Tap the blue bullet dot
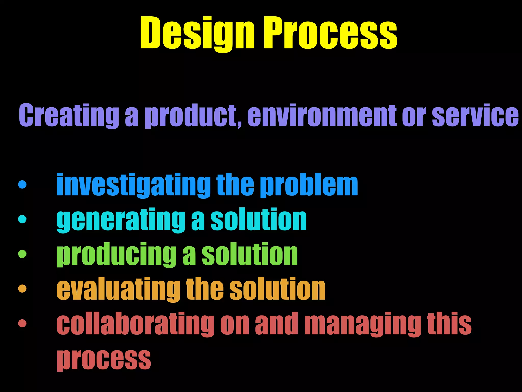(x=22, y=185)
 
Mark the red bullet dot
(x=22, y=323)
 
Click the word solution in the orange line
(x=278, y=289)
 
